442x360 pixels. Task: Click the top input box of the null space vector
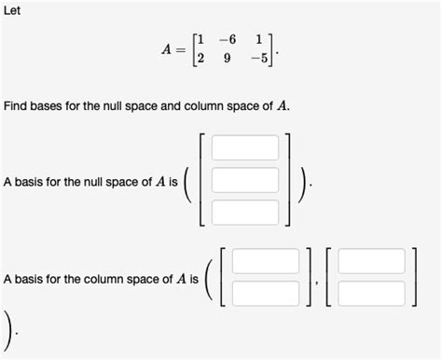[244, 147]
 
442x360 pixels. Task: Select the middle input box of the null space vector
[244, 179]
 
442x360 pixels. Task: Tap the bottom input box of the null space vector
[244, 211]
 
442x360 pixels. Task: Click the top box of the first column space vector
[266, 261]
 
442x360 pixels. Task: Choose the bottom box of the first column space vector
[266, 293]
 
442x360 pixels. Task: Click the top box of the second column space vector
[371, 261]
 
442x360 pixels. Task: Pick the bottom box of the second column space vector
[371, 293]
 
